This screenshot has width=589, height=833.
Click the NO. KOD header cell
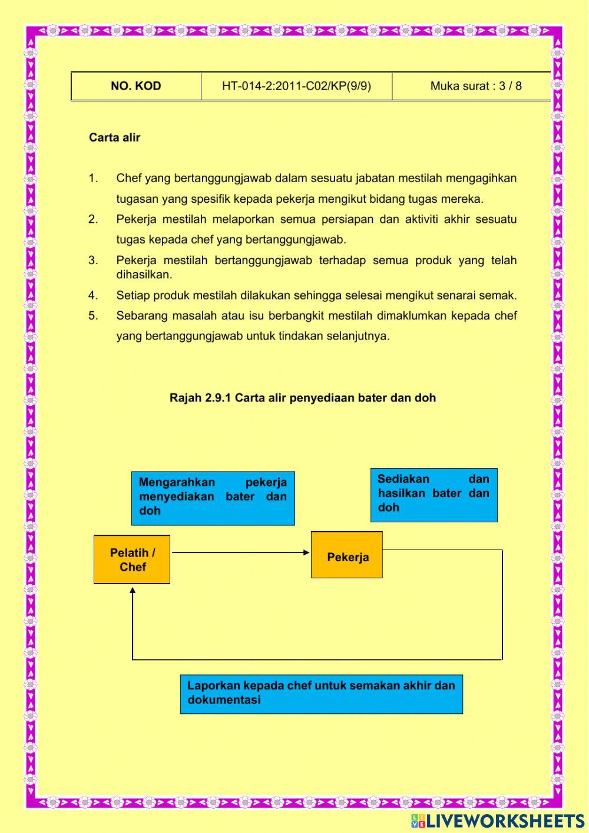click(135, 86)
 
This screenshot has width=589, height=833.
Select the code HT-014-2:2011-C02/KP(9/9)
click(296, 86)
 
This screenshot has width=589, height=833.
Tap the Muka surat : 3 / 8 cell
click(475, 86)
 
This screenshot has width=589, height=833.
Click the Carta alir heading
click(115, 137)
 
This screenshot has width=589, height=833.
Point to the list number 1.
click(93, 178)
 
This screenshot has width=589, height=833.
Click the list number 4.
click(93, 295)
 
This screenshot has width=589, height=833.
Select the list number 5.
click(93, 315)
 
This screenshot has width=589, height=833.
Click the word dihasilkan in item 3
click(144, 275)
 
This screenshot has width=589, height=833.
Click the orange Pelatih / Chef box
click(132, 559)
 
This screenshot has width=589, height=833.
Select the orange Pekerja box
click(347, 555)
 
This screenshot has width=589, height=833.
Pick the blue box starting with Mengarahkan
click(213, 498)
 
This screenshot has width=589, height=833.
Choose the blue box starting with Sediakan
click(434, 495)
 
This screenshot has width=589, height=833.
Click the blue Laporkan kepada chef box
click(321, 694)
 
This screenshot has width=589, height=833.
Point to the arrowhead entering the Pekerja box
click(306, 552)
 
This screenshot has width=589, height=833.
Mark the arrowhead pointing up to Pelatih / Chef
click(133, 590)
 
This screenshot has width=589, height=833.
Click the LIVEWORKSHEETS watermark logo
click(497, 820)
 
